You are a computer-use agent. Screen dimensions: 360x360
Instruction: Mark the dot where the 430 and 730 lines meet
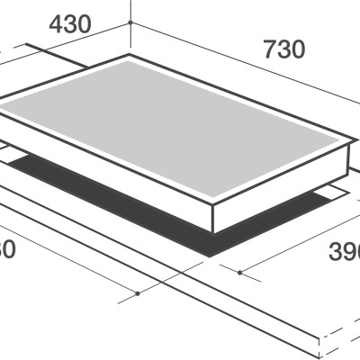130,22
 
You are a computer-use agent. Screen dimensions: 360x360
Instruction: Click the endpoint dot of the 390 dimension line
240,269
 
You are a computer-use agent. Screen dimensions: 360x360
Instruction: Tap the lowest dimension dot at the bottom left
137,293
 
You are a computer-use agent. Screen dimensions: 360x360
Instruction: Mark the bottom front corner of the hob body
213,232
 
